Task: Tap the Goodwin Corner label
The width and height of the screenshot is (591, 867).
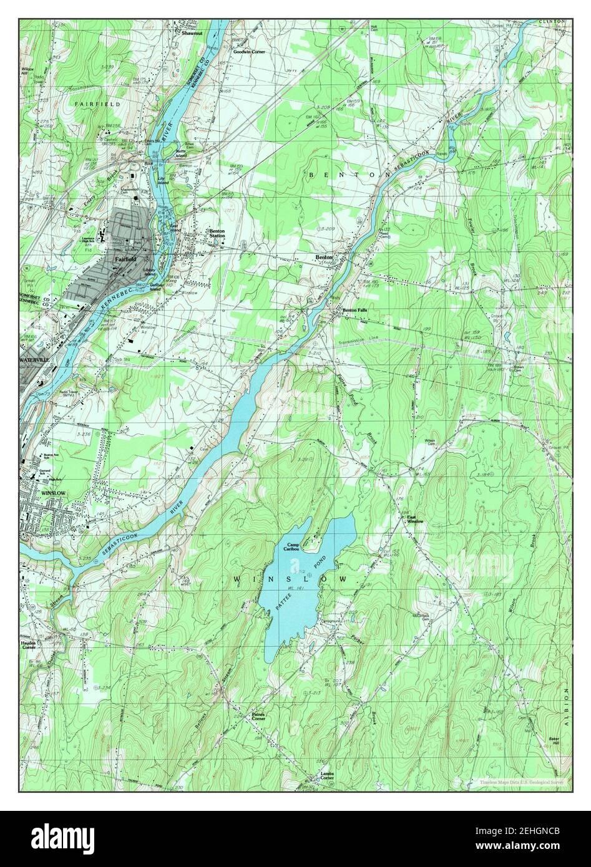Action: (249, 52)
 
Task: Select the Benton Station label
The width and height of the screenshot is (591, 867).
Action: (217, 233)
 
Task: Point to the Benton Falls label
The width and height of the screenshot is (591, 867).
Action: (354, 311)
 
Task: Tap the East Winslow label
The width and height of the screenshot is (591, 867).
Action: (415, 519)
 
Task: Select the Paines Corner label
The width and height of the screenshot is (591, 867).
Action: (258, 717)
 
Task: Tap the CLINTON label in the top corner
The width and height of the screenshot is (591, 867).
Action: (552, 22)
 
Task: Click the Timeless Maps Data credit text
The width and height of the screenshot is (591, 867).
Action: (521, 782)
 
